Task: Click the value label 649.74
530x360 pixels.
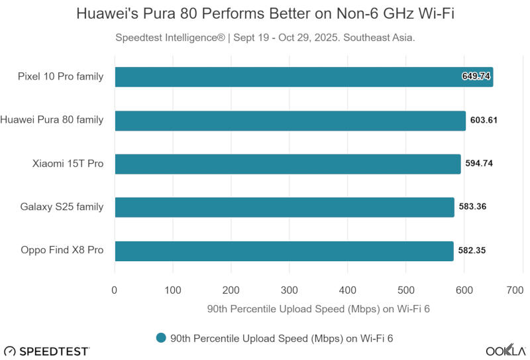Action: (x=476, y=77)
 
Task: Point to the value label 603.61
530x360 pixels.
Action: (x=484, y=121)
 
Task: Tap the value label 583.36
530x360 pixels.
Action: (x=472, y=208)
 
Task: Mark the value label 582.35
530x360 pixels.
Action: (x=472, y=251)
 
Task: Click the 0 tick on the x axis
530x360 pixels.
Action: (x=115, y=290)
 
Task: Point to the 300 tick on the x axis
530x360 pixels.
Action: (x=290, y=290)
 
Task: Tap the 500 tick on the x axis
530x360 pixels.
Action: (x=405, y=290)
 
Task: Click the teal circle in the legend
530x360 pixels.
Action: (x=160, y=338)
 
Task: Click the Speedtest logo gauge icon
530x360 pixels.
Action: (x=9, y=351)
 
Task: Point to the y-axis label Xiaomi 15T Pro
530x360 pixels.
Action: (x=68, y=164)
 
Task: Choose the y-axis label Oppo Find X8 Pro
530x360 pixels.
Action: (x=62, y=251)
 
